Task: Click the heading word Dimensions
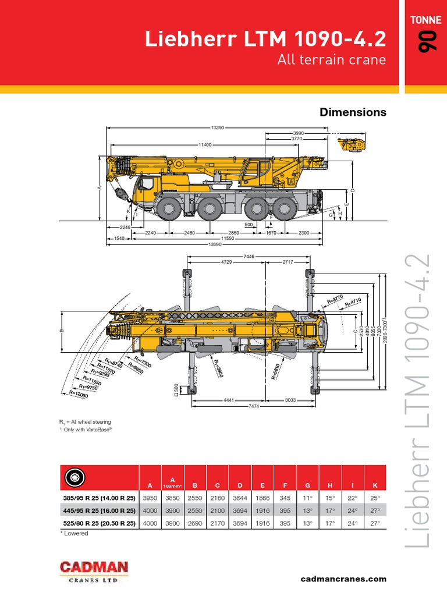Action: click(x=353, y=112)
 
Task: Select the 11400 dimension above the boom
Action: click(x=205, y=144)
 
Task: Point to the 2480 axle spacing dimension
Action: click(x=189, y=232)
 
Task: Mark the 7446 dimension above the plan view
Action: click(x=249, y=256)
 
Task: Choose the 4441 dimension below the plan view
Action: click(x=228, y=400)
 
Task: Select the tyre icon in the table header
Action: click(x=74, y=477)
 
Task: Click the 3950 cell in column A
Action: click(x=150, y=499)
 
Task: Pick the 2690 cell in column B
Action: click(x=195, y=523)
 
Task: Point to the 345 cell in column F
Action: click(x=285, y=499)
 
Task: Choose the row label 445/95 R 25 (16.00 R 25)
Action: click(x=99, y=511)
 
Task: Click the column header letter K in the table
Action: click(x=375, y=485)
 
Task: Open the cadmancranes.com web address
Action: click(x=343, y=579)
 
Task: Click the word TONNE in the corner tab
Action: click(x=425, y=19)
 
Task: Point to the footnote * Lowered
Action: click(x=74, y=533)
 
